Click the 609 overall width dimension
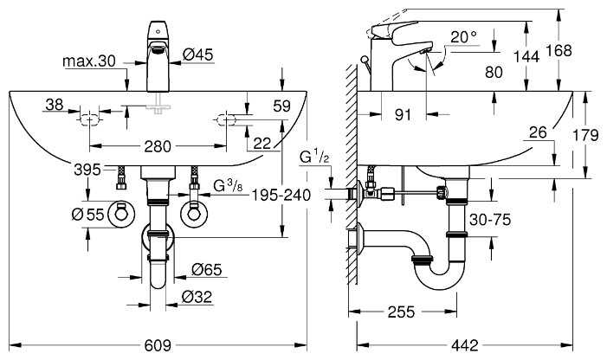(158, 345)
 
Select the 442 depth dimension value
(465, 345)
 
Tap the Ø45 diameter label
(198, 55)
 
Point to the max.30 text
(89, 61)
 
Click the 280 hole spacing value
(158, 146)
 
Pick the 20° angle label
(464, 37)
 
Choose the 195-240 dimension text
(281, 196)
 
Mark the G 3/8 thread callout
(229, 185)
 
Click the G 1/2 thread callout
(314, 157)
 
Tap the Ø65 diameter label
(207, 269)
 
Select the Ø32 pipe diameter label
(197, 297)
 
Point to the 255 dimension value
(401, 312)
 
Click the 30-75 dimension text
(490, 220)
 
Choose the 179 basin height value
(585, 135)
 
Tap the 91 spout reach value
(403, 115)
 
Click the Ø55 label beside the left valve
(87, 214)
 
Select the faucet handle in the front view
(158, 30)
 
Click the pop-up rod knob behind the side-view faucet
(364, 59)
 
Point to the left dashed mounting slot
(90, 120)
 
